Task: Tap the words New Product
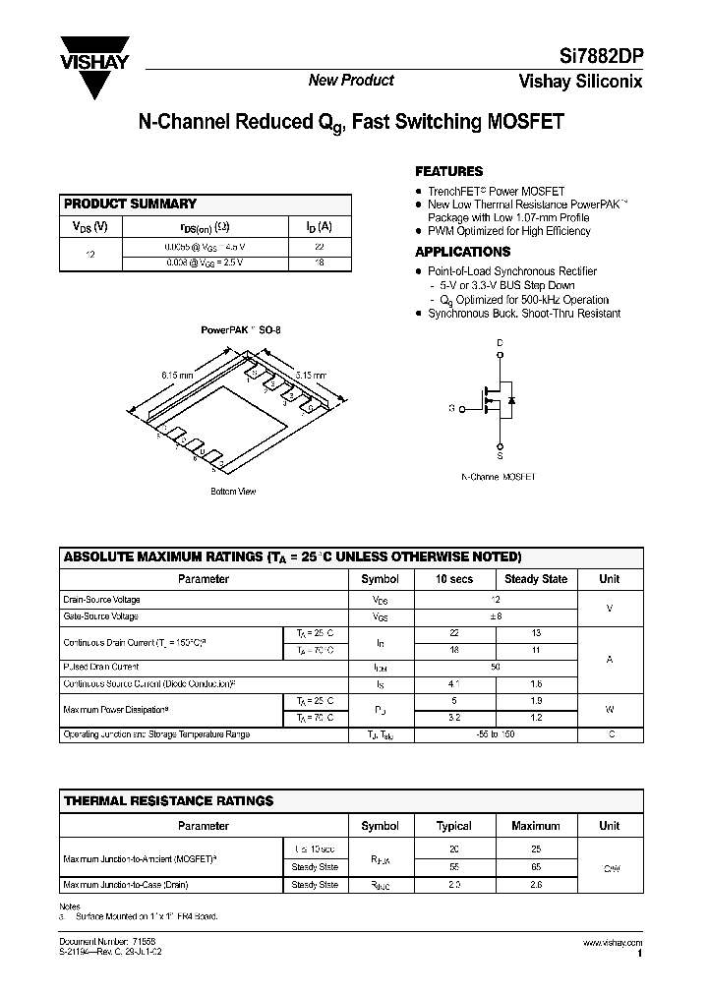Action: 351,81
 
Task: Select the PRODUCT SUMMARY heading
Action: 130,205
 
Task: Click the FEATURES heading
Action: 448,171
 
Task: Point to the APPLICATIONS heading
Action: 462,252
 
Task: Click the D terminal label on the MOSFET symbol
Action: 499,343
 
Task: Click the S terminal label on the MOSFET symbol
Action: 499,456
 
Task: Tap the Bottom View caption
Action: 233,491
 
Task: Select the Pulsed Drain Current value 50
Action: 496,667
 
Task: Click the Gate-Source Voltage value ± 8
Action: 496,616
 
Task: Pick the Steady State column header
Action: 536,579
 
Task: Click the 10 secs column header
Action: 453,579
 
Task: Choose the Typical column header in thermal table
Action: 453,826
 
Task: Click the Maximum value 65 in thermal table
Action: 536,867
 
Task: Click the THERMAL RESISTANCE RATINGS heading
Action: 168,802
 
